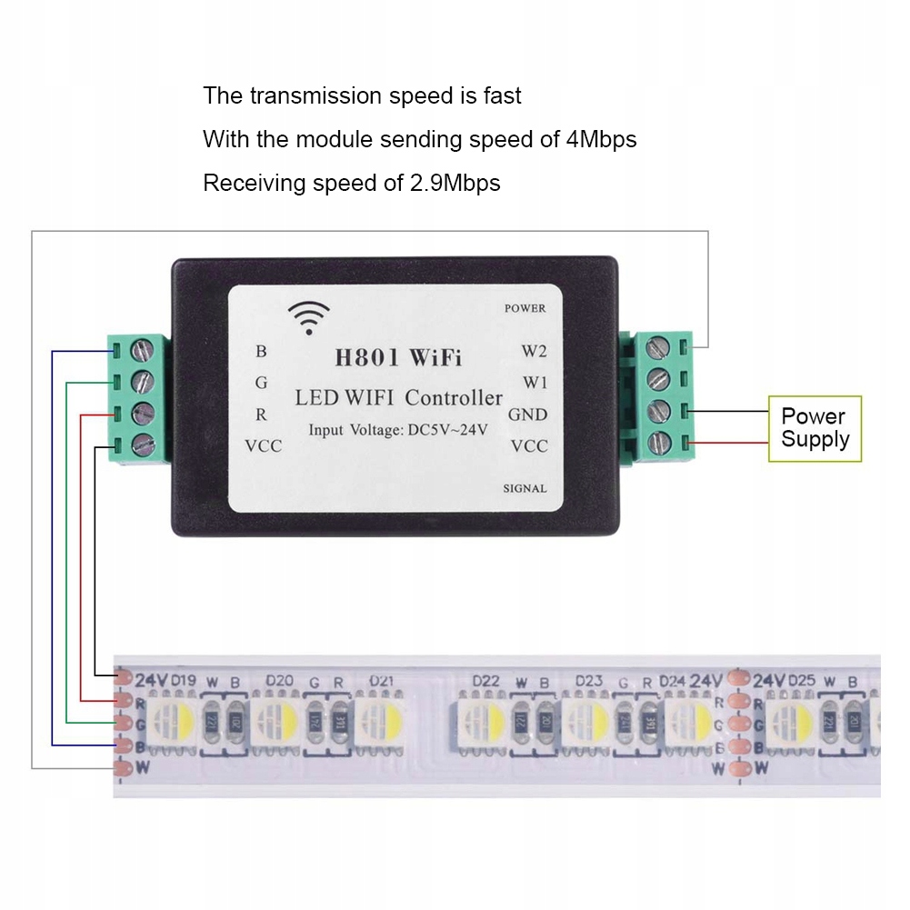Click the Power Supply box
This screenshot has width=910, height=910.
coord(815,428)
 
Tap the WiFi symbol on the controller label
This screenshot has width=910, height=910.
coord(309,317)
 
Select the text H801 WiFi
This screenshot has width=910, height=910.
coord(398,357)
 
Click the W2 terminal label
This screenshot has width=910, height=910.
coord(534,350)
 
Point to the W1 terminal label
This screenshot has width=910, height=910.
coord(534,382)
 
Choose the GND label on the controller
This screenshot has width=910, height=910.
coord(527,415)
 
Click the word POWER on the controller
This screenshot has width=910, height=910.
coord(525,308)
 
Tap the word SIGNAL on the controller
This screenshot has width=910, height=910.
coord(525,488)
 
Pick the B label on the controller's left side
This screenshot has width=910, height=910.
coord(262,351)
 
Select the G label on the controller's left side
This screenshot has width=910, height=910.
coord(262,383)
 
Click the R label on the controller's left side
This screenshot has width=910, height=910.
coord(262,415)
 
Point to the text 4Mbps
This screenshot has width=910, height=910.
coord(601,139)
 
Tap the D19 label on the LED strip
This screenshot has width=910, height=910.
coord(184,680)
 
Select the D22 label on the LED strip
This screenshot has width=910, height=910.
coord(486,681)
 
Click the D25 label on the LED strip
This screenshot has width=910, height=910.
coord(802,680)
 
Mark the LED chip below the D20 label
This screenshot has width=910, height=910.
coord(275,721)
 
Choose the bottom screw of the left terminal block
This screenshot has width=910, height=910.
coord(143,445)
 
